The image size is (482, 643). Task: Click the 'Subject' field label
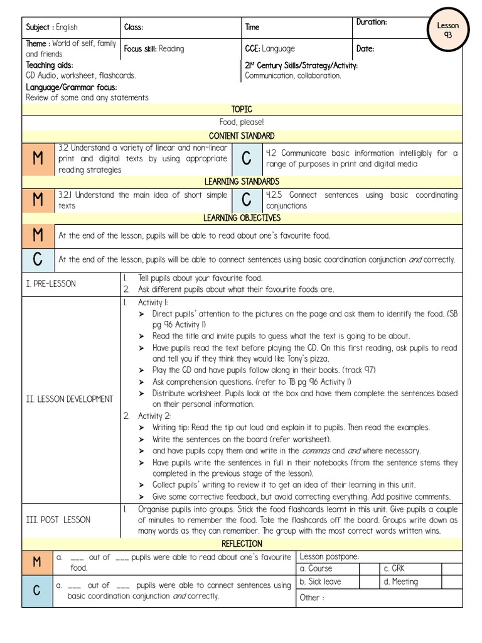tap(39, 28)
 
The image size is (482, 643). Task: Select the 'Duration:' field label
tap(372, 22)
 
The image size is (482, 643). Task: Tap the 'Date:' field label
tap(365, 48)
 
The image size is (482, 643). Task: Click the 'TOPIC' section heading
tap(242, 109)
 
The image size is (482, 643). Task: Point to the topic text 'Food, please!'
tap(242, 122)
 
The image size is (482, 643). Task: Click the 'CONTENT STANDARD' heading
tap(242, 136)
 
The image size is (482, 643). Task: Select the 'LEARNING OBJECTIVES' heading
tap(242, 218)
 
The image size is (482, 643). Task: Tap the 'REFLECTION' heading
tap(242, 543)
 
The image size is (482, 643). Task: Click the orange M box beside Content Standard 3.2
tap(38, 159)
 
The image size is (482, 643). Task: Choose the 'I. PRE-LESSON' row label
tap(51, 284)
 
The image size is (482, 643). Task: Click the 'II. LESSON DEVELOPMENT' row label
tap(69, 399)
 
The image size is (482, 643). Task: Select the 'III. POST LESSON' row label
tap(58, 519)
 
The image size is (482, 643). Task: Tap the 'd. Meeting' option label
tap(400, 581)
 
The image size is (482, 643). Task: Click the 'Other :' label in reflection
tap(312, 597)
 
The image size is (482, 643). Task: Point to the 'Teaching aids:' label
tap(50, 65)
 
